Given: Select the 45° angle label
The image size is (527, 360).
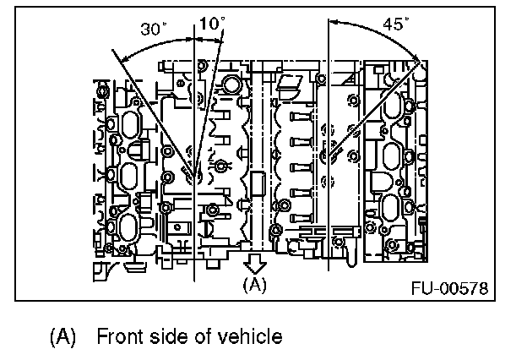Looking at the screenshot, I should point(394,23).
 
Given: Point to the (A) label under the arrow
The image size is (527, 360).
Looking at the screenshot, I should point(253,285).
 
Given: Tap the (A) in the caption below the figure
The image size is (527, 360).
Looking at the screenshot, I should point(63,336).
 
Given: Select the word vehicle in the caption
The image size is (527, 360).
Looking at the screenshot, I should point(250,336).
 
